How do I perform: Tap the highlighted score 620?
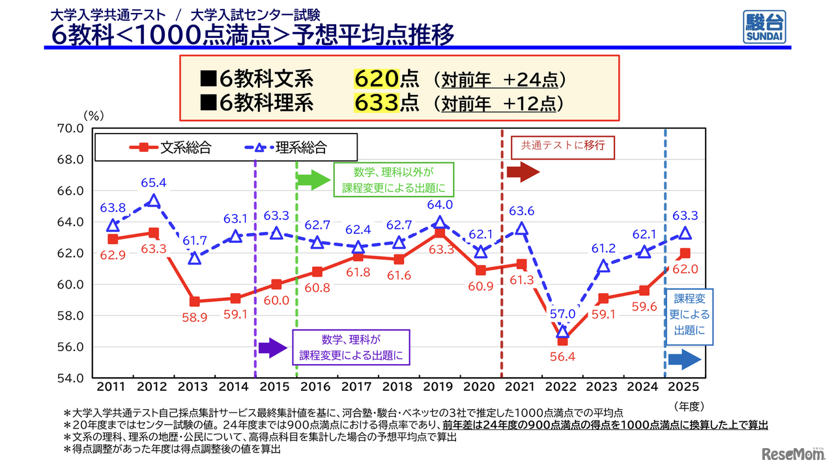[x=375, y=79]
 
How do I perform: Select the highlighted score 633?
[x=375, y=103]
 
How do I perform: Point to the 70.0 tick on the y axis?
[x=70, y=128]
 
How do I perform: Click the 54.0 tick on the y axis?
[x=70, y=378]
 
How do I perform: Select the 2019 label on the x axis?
[x=440, y=387]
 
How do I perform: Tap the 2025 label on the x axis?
[x=685, y=387]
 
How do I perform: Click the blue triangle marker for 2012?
[x=154, y=201]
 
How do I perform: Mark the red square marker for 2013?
[x=194, y=302]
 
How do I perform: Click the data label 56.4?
[x=562, y=357]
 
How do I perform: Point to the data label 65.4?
[x=154, y=183]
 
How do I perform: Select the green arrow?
[x=313, y=180]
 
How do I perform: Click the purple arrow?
[x=272, y=347]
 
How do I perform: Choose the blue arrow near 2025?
[x=685, y=359]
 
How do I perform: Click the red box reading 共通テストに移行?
[x=562, y=146]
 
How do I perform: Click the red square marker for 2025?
[x=685, y=253]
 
